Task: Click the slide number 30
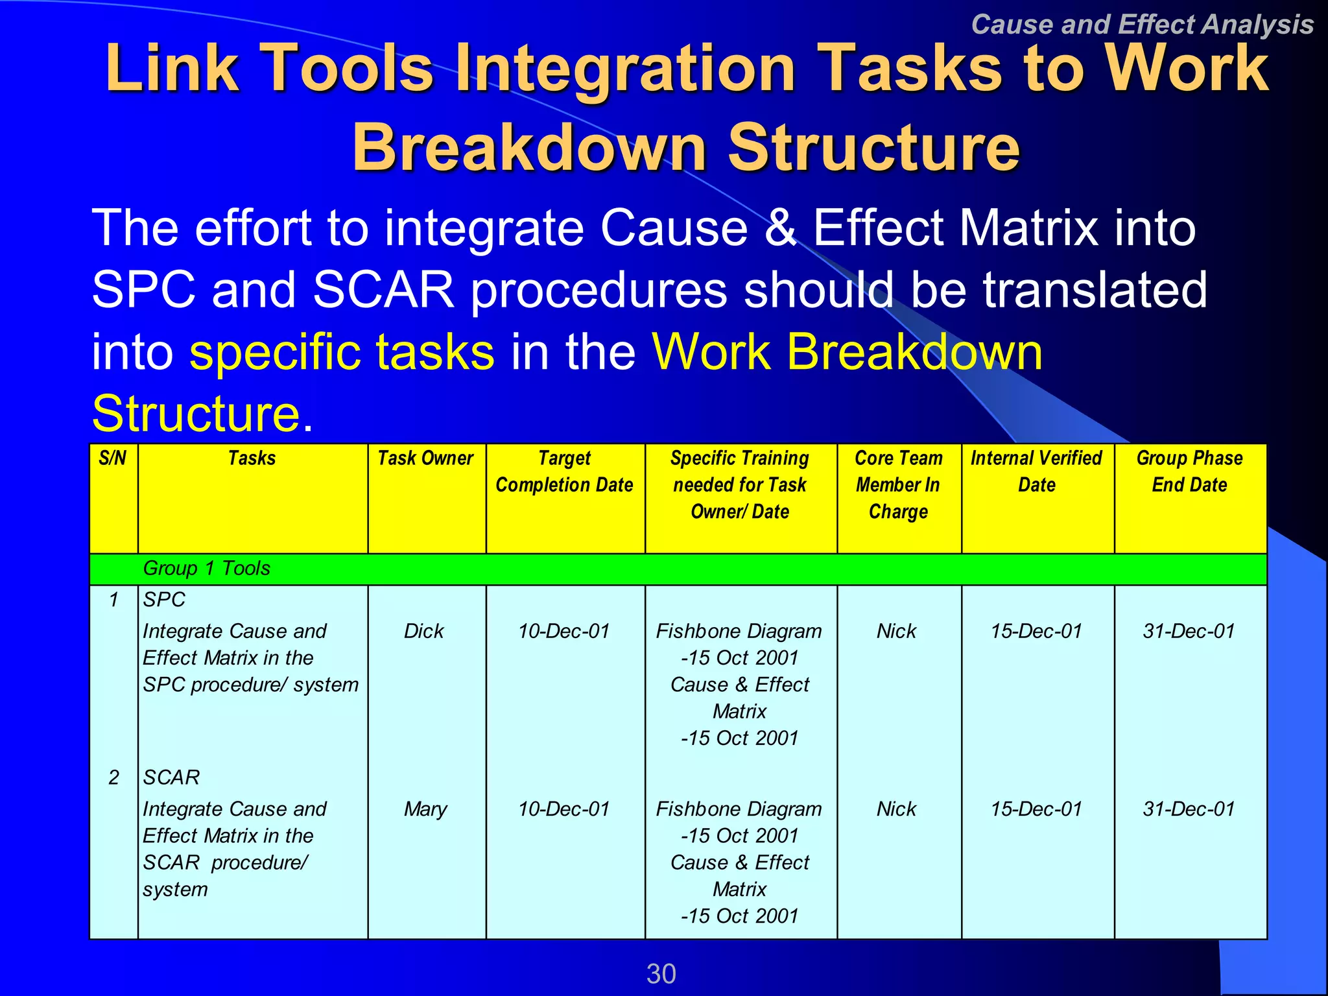(661, 973)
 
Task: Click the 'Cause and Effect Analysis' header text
(1142, 25)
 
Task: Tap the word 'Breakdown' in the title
(528, 148)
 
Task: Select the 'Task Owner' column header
(425, 458)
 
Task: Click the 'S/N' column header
(113, 458)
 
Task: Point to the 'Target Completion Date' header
(564, 471)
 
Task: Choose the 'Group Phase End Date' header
(1189, 471)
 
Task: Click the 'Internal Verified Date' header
(1036, 471)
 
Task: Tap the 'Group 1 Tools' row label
(206, 568)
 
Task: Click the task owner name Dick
(423, 631)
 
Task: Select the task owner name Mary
(425, 809)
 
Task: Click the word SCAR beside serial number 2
(171, 777)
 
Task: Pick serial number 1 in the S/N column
(113, 600)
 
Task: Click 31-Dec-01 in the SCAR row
(1189, 809)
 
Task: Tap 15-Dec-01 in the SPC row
(1036, 631)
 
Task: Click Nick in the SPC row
(897, 631)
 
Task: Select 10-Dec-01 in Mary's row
(563, 809)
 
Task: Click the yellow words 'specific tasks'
(342, 352)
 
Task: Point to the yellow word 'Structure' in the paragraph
(196, 413)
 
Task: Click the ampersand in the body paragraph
(780, 228)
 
